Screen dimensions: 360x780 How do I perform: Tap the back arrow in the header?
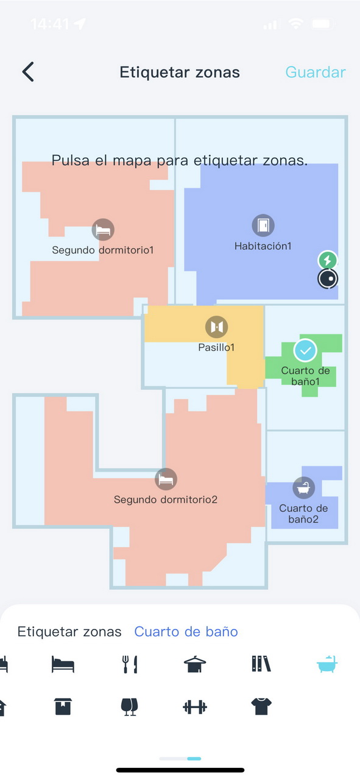point(28,72)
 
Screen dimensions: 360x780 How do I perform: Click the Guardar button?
point(316,72)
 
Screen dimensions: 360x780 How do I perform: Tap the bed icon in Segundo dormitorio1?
point(103,230)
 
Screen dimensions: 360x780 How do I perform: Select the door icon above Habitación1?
point(263,225)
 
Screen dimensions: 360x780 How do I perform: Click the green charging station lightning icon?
point(327,260)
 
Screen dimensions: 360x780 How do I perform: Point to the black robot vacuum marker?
point(328,278)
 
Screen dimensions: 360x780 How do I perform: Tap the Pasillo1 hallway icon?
point(217,327)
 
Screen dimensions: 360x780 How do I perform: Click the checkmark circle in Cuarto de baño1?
point(305,350)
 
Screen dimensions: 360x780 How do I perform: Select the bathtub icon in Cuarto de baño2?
point(304,487)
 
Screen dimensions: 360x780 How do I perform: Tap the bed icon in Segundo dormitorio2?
point(166,479)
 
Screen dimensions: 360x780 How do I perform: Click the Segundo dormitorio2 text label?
point(166,500)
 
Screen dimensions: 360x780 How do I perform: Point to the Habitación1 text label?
point(263,246)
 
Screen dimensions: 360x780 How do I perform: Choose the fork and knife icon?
point(130,664)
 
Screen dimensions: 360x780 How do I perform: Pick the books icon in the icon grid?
point(261,664)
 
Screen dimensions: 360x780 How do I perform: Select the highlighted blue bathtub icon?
point(327,664)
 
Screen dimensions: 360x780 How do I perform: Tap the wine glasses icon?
point(130,706)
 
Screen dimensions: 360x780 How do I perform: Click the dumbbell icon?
point(195,707)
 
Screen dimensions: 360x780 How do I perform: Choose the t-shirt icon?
point(261,706)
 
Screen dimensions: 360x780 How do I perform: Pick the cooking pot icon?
point(195,664)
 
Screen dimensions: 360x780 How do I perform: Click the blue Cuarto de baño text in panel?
point(186,632)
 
